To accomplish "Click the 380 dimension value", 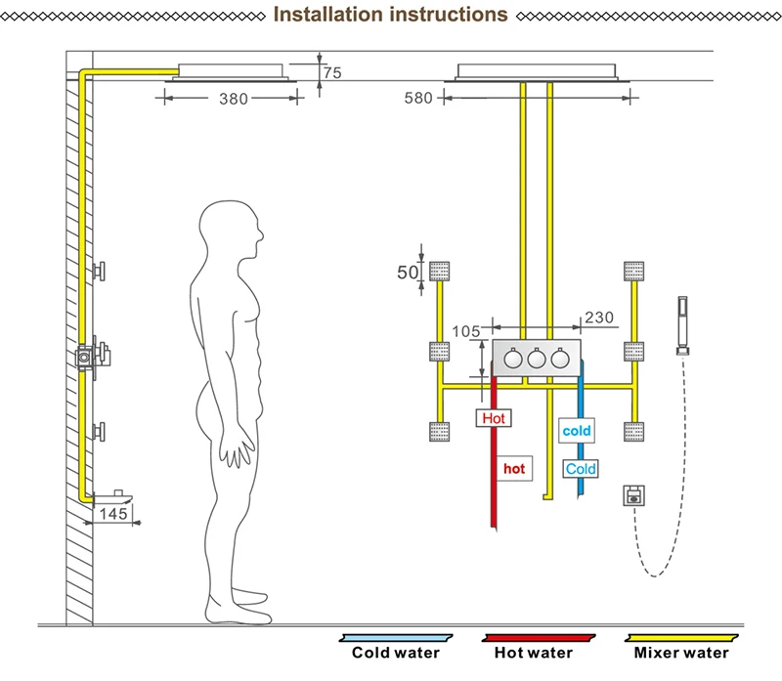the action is (234, 99).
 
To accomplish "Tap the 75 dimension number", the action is (332, 72).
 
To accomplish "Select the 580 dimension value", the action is (418, 98).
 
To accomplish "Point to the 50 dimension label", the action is (408, 273).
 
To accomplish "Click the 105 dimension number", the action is (466, 331).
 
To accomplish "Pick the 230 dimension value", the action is (599, 318).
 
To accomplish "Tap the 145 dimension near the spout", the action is (113, 514).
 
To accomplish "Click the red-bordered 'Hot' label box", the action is (494, 418).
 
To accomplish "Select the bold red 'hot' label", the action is (514, 469).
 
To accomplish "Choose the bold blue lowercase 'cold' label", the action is (577, 431).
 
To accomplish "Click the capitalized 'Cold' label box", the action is (581, 469).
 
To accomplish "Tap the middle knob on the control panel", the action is (537, 359).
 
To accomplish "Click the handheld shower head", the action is (682, 325).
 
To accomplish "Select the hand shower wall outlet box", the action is (633, 495).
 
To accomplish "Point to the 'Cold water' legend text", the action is (396, 653).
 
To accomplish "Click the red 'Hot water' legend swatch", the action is (539, 638).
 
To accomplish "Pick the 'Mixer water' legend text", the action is (681, 653).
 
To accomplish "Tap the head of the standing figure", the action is (231, 228).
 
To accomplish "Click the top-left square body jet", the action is (439, 272).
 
